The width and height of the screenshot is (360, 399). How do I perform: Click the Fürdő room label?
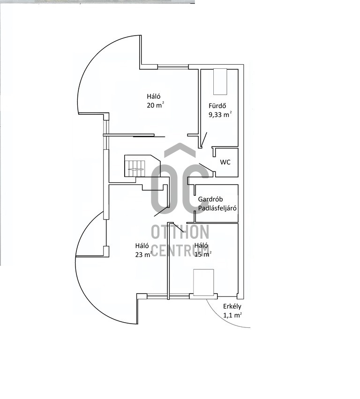(217, 105)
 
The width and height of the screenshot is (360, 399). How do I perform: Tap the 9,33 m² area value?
(220, 114)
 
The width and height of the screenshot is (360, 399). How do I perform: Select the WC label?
(225, 162)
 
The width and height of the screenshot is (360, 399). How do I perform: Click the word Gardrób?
(210, 199)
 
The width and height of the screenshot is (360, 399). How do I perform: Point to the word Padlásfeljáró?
(217, 208)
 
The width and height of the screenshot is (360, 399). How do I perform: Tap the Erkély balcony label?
(232, 306)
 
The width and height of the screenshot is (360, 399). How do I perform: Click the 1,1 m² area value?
(232, 315)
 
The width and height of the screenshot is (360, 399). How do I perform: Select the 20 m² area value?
(155, 105)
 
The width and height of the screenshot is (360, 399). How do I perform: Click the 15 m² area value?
(203, 254)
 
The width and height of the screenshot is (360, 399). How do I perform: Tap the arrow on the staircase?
(136, 169)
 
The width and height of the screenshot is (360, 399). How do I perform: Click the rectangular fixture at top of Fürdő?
(220, 81)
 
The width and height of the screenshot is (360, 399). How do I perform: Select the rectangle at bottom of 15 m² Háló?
(203, 282)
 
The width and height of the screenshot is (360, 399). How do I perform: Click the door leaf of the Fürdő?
(203, 140)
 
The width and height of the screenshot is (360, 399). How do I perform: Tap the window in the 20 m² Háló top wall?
(173, 67)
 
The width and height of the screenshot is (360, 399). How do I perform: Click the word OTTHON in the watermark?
(180, 232)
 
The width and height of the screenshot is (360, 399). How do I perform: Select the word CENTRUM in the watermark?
(180, 250)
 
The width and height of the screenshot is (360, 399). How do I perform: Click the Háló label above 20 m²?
(154, 96)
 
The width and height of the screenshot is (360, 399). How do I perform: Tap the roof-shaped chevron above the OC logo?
(180, 150)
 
